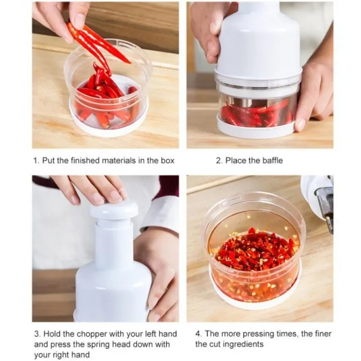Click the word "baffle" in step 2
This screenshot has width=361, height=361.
[x=272, y=160]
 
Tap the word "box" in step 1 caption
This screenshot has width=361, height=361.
[x=167, y=160]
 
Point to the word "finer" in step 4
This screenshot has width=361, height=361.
[x=321, y=334]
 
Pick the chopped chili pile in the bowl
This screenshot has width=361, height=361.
[x=255, y=250]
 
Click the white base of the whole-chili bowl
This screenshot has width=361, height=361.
[x=108, y=129]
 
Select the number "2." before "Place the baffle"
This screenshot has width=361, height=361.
[x=219, y=160]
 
